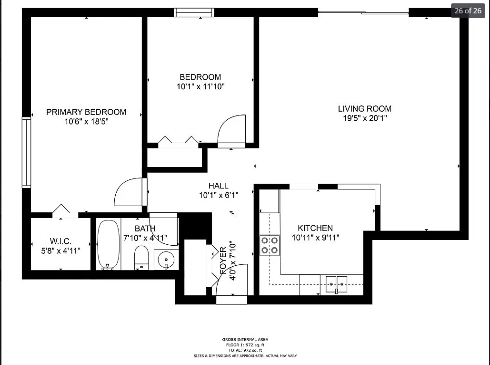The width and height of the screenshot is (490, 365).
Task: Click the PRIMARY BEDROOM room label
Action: pos(86,112)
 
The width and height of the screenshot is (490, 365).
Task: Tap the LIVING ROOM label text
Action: pos(365,109)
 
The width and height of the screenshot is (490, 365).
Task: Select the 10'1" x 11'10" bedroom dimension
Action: pos(200,87)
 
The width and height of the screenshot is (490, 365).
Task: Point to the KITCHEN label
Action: pos(315,228)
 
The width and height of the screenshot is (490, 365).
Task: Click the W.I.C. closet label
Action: pos(60,241)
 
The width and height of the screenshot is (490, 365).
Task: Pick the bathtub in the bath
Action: pos(109,244)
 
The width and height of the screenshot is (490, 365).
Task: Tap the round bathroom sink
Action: pos(166,260)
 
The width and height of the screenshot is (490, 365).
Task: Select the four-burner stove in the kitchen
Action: pos(269,245)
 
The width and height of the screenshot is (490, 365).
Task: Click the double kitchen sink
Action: pos(336,284)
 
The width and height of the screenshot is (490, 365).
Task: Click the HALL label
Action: pos(218,186)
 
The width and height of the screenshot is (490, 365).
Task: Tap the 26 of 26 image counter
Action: pos(468,10)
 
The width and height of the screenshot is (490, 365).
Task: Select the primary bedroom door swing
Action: pos(129,192)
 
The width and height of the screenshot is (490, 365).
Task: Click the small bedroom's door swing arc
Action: pos(232,129)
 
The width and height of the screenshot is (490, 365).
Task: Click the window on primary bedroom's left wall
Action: pos(26,153)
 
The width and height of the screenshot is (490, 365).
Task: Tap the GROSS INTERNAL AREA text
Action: pos(245,340)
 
